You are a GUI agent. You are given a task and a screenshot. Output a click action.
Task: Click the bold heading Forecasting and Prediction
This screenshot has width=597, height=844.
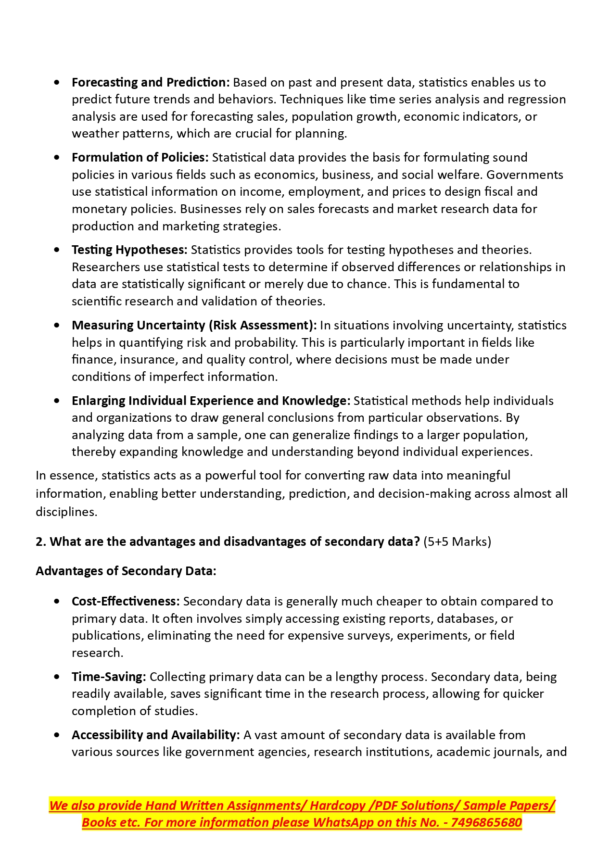click(151, 82)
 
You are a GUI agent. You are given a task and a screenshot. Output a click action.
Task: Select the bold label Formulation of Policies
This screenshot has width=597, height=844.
click(140, 157)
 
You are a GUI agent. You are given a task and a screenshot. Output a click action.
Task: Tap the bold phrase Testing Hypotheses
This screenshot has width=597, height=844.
click(129, 250)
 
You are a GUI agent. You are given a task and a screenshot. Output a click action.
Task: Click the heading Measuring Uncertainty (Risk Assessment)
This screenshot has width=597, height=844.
click(194, 325)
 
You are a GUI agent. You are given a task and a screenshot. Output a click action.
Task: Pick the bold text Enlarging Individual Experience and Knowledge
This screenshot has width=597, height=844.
click(211, 401)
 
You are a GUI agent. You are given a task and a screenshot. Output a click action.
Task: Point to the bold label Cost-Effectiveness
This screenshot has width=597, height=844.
click(126, 601)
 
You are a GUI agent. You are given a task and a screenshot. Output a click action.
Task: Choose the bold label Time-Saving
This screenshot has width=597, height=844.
click(109, 677)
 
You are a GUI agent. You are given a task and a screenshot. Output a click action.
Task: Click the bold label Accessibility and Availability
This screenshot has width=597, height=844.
click(155, 735)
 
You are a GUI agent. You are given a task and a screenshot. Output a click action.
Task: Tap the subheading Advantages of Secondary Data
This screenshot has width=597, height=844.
click(126, 571)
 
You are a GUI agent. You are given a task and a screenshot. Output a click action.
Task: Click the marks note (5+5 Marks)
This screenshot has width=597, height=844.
click(457, 542)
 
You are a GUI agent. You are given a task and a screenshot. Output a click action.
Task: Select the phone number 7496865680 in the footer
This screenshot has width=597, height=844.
click(486, 822)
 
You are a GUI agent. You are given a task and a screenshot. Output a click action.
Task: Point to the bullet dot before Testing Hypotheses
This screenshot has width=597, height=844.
click(58, 250)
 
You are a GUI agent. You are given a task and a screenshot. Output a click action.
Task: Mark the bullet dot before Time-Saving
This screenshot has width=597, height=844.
click(58, 677)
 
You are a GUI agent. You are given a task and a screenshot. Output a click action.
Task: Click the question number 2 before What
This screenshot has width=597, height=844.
click(39, 542)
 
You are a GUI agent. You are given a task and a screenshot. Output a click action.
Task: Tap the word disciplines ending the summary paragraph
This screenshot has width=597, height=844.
click(66, 512)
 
